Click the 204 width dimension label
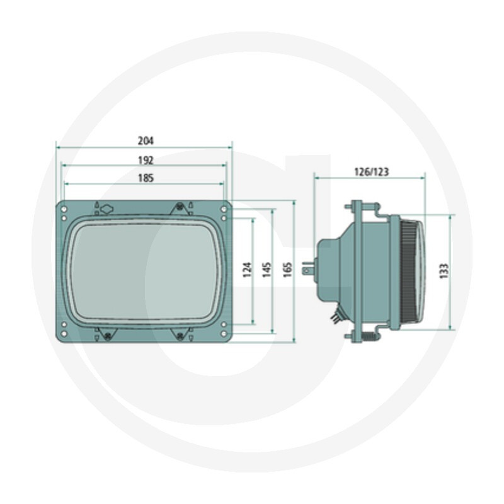pos(146,140)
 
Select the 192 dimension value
pos(146,160)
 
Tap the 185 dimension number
pos(146,178)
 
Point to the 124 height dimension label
pos(247,270)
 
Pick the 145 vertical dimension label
pos(266,270)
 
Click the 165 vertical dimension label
pos(287,270)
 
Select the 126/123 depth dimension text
pos(371,172)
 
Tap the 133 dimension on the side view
pos(444,271)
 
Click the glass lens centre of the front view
pos(145,272)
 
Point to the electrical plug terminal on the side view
pos(307,268)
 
